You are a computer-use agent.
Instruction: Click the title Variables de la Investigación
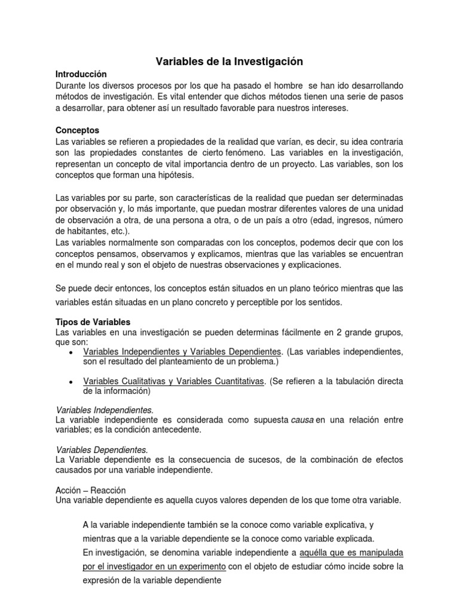click(229, 61)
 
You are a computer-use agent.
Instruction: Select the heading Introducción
click(81, 75)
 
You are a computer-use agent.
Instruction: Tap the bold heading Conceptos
click(78, 130)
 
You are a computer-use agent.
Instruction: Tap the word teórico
click(307, 287)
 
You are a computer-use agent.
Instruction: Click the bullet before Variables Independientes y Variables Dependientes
click(72, 351)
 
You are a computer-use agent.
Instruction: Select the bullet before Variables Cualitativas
click(72, 382)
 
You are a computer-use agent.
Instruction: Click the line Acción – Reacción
click(91, 490)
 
